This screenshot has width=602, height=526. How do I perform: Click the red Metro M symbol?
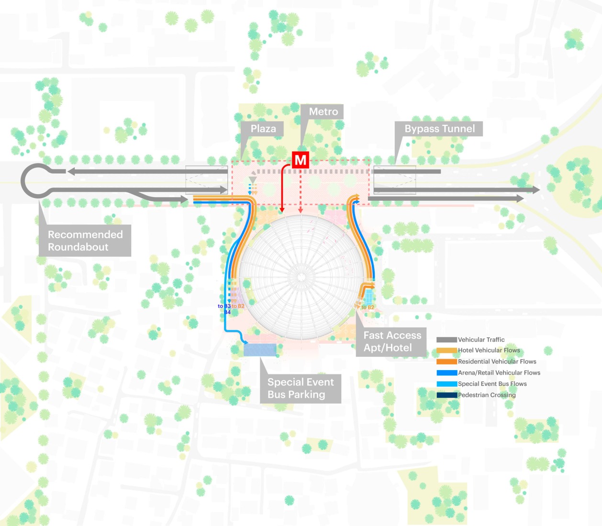[x=301, y=160]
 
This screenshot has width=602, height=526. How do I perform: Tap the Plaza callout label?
[x=263, y=129]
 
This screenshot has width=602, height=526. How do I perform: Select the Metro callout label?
[x=323, y=111]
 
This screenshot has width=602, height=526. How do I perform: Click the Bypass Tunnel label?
[x=439, y=129]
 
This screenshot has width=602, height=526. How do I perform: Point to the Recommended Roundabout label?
[x=85, y=241]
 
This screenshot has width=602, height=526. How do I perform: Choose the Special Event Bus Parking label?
[x=301, y=388]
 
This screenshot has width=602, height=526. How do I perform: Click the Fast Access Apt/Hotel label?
[x=392, y=341]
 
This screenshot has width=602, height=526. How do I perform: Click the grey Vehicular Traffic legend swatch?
[x=446, y=340]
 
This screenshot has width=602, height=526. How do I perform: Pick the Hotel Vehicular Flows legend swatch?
[x=446, y=351]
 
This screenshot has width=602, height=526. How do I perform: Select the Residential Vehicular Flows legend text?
[x=497, y=362]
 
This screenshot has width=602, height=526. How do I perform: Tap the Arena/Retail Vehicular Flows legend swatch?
[x=446, y=373]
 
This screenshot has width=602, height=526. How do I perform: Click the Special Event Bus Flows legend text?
[x=492, y=384]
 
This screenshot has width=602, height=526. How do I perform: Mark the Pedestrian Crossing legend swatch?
[x=446, y=395]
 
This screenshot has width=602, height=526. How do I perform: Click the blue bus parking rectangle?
[x=260, y=350]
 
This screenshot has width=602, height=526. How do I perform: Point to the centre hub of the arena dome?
[x=301, y=277]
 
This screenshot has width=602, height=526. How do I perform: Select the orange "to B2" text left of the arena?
[x=238, y=306]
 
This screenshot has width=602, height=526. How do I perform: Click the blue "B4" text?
[x=227, y=312]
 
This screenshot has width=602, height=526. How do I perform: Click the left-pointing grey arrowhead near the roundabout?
[x=71, y=171]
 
